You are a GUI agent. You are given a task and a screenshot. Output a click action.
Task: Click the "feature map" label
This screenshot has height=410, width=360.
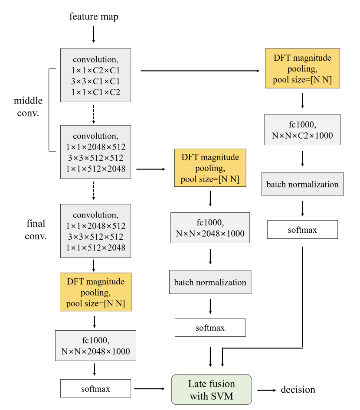[94, 17]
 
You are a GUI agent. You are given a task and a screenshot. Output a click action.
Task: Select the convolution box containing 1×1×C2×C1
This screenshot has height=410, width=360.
[95, 75]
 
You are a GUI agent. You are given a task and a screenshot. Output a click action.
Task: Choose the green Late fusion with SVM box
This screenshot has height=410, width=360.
[212, 390]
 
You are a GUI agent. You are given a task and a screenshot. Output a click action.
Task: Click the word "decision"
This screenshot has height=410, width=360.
[298, 390]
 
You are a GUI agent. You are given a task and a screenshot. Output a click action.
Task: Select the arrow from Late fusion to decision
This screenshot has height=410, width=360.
[266, 390]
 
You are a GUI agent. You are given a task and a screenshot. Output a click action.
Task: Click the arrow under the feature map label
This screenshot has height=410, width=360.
[94, 35]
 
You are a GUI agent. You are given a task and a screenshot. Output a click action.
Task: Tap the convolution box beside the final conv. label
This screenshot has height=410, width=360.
[95, 231]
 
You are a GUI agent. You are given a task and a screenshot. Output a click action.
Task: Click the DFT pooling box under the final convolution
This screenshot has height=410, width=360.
[95, 292]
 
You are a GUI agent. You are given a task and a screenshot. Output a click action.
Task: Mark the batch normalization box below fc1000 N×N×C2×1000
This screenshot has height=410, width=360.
[302, 184]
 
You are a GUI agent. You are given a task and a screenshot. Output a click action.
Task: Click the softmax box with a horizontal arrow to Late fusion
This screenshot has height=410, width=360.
[95, 389]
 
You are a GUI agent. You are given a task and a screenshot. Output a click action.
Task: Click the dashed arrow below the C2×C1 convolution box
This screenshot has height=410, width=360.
[94, 114]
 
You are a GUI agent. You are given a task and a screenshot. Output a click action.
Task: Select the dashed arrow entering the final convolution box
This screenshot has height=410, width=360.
[94, 191]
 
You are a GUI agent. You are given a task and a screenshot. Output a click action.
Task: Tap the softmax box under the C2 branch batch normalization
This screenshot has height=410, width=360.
[302, 230]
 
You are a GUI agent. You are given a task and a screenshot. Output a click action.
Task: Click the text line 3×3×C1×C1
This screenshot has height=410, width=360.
[95, 81]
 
